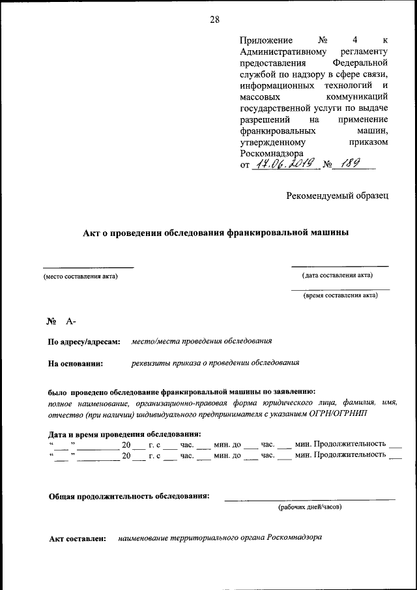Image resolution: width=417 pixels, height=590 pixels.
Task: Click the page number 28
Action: [214, 20]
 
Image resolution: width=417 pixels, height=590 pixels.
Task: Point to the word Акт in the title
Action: [91, 232]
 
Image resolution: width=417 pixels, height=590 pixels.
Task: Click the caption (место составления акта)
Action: [81, 276]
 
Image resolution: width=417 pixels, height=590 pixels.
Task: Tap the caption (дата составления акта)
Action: [337, 275]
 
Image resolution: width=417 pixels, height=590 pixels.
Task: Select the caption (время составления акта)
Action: [340, 295]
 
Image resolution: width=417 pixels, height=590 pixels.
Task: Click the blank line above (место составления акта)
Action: [88, 267]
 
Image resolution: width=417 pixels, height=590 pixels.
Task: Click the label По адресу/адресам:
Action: [84, 342]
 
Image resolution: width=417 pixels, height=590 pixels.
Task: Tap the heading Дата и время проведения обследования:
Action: [124, 434]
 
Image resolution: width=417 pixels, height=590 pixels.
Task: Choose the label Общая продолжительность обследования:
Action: [129, 496]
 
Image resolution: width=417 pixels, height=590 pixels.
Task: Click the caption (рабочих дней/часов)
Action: [310, 507]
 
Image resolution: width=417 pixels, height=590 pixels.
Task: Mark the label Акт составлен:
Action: [78, 540]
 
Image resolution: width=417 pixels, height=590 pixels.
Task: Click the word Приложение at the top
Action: [266, 40]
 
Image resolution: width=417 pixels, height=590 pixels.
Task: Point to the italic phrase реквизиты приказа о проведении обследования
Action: [215, 362]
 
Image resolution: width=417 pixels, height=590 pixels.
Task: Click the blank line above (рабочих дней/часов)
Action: [309, 499]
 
